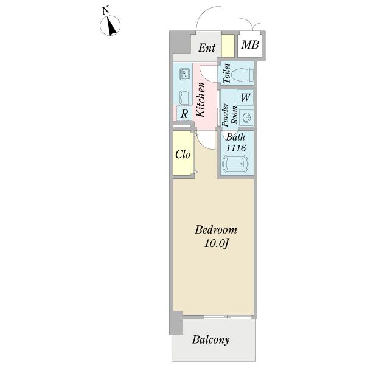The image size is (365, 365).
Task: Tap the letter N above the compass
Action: click(106, 10)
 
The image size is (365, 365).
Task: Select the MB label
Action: click(250, 45)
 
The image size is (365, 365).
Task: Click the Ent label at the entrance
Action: click(207, 47)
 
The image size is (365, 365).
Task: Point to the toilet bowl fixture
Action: click(243, 75)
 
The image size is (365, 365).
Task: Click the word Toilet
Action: click(226, 74)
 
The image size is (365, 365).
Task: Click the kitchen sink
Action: click(184, 96)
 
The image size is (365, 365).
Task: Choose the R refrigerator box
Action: click(184, 113)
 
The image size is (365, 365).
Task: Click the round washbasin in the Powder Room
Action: click(246, 116)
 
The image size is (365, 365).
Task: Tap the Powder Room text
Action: click(229, 114)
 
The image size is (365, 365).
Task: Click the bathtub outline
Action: click(235, 165)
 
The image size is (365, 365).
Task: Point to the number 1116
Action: click(235, 148)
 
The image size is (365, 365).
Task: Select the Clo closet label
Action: click(183, 155)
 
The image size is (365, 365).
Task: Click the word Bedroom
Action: click(215, 231)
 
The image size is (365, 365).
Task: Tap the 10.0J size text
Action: click(215, 244)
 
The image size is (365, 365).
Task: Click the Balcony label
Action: click(210, 340)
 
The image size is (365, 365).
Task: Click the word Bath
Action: click(235, 138)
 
